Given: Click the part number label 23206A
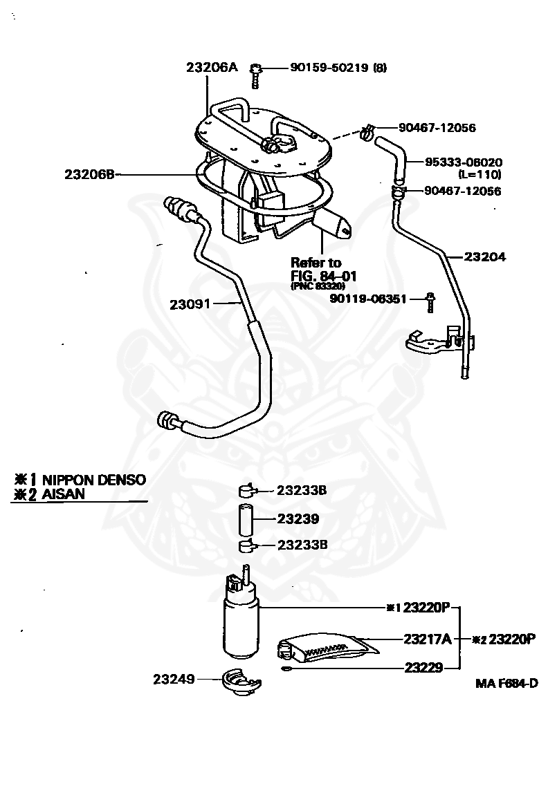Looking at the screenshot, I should tap(211, 67).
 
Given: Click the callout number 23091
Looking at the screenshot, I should tap(190, 303).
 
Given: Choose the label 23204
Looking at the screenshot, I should tap(485, 256).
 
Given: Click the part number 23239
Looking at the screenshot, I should tap(298, 518).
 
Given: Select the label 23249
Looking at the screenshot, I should tap(174, 680).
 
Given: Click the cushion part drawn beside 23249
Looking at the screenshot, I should tap(240, 683).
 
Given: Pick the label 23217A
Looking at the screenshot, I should tap(428, 639).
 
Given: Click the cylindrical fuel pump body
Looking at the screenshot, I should tap(240, 626).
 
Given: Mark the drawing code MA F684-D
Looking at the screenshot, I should tap(506, 684).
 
